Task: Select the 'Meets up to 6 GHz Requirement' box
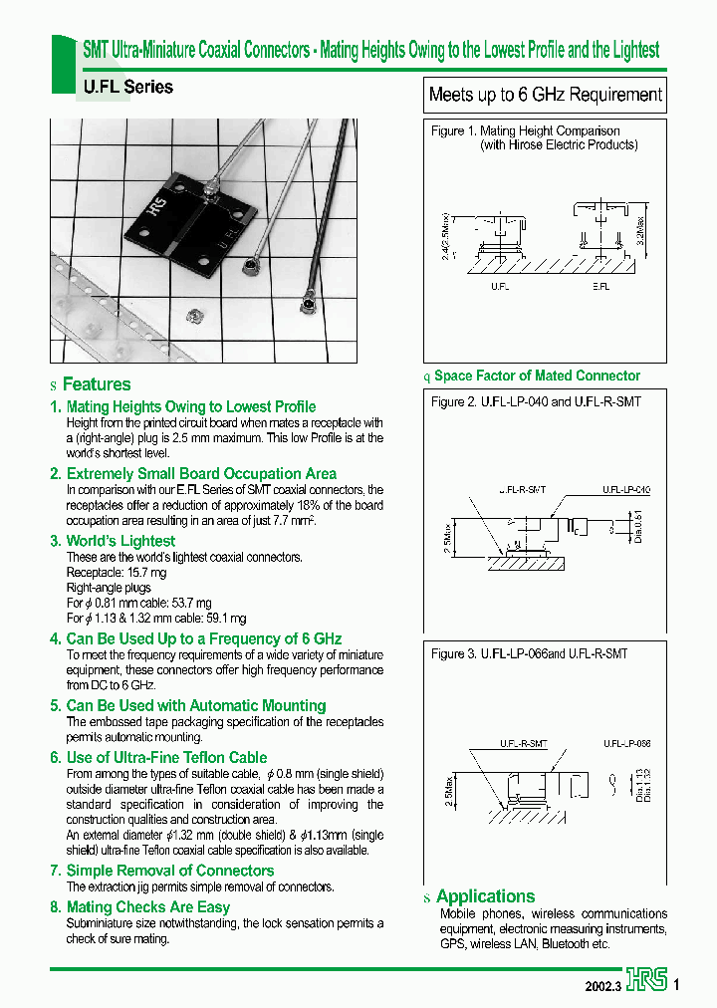pos(545,96)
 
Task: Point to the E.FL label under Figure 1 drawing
pos(600,285)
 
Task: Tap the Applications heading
pos(485,895)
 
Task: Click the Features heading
pos(97,384)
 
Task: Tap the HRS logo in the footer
pos(647,983)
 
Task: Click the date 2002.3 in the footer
pos(603,985)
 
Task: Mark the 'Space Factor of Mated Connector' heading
pos(537,376)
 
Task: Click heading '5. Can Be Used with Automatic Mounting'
pos(187,705)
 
